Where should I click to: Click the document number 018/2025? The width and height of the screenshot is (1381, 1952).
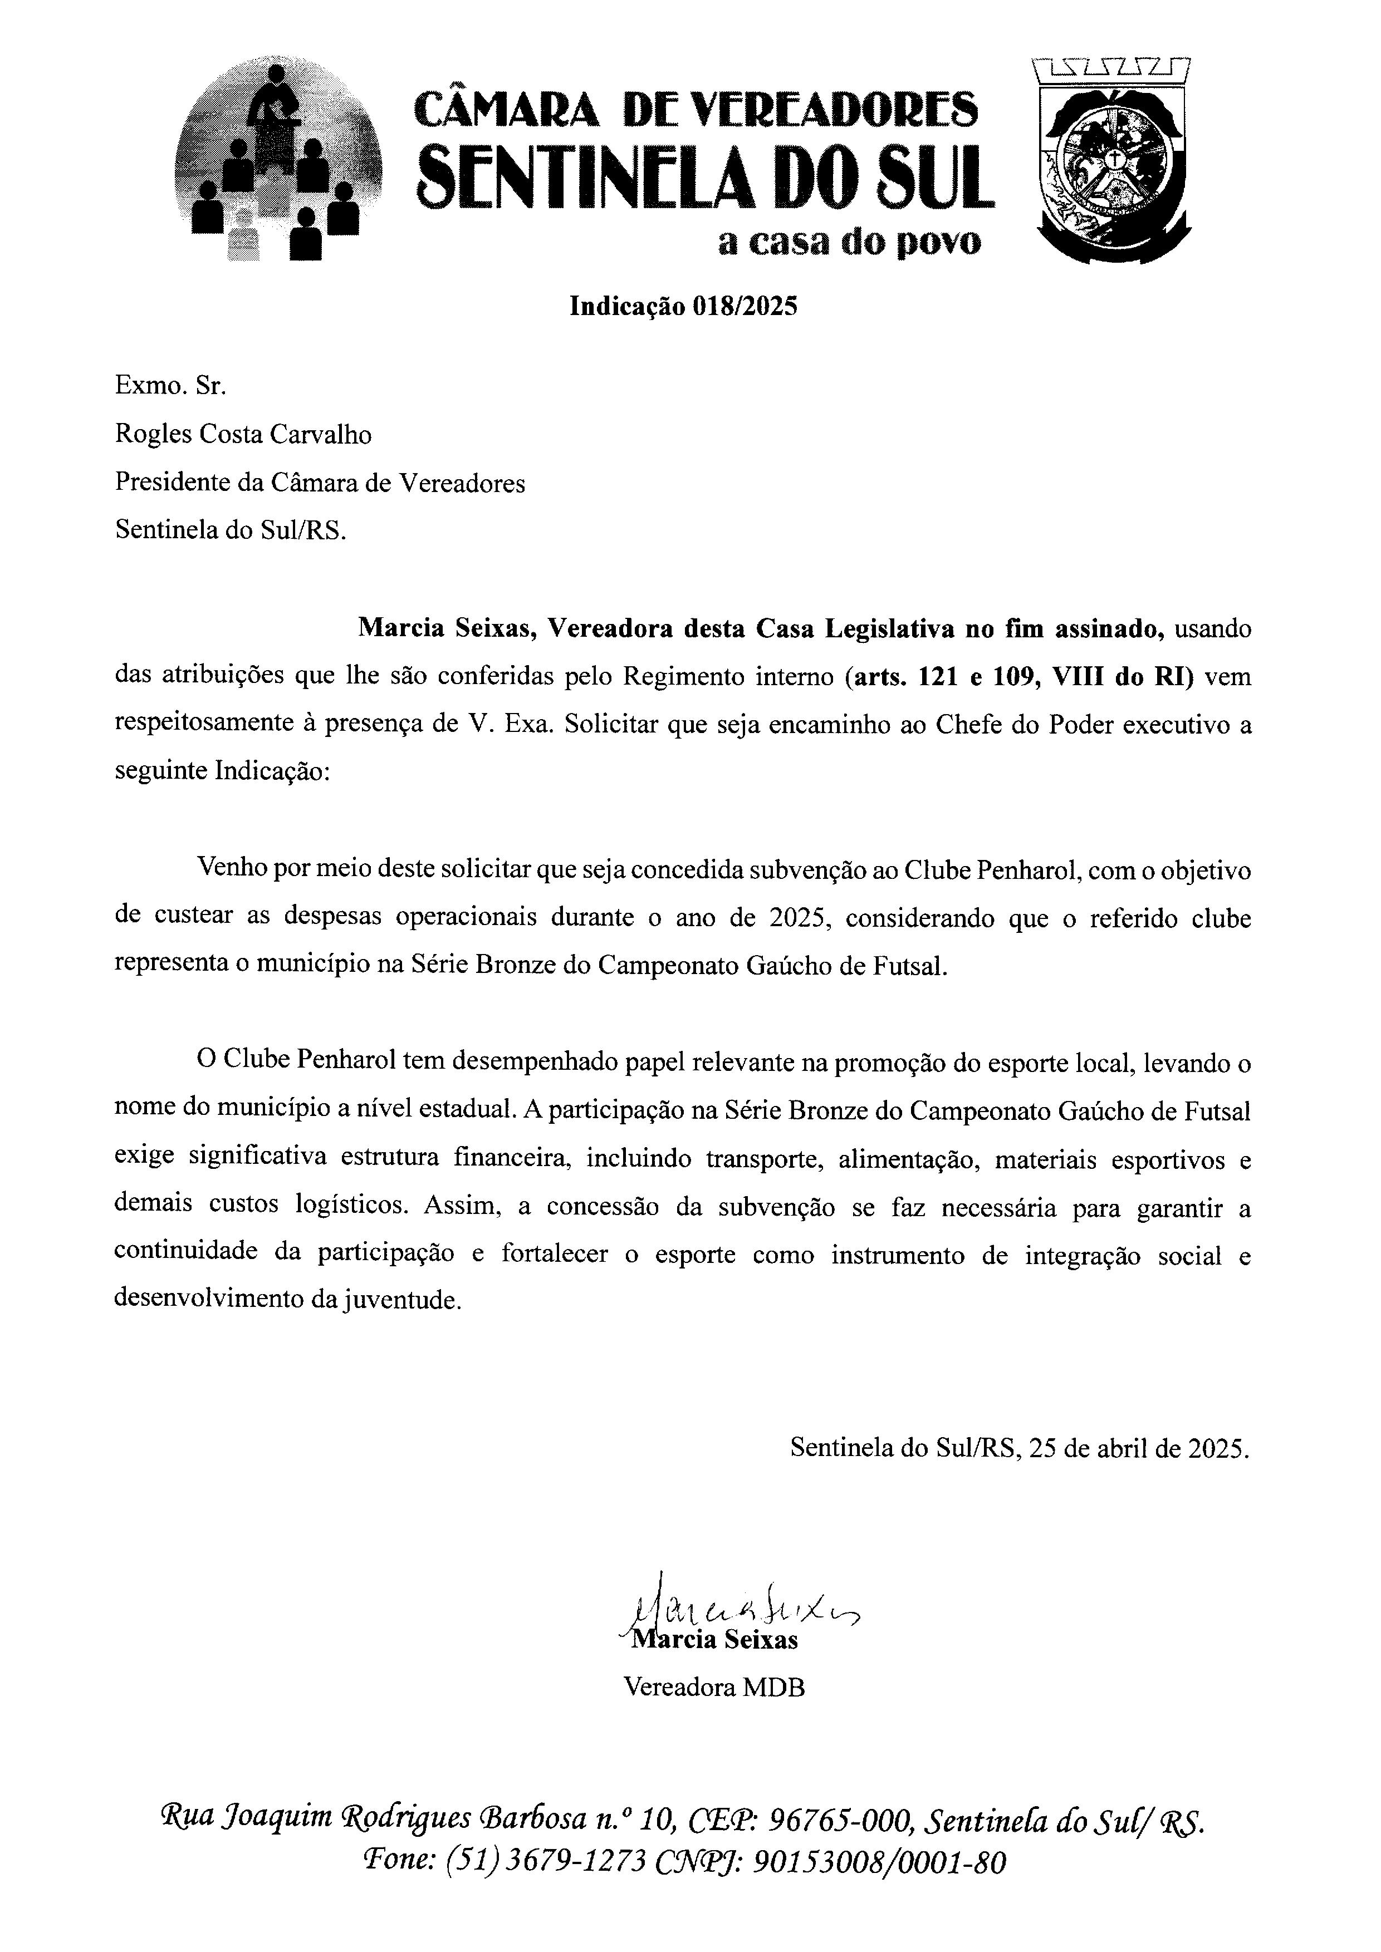click(x=746, y=307)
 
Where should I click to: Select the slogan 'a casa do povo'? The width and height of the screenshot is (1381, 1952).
click(x=849, y=243)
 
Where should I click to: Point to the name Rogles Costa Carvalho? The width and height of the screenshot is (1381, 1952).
click(x=243, y=435)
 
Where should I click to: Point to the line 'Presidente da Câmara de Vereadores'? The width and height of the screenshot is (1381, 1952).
click(x=320, y=483)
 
